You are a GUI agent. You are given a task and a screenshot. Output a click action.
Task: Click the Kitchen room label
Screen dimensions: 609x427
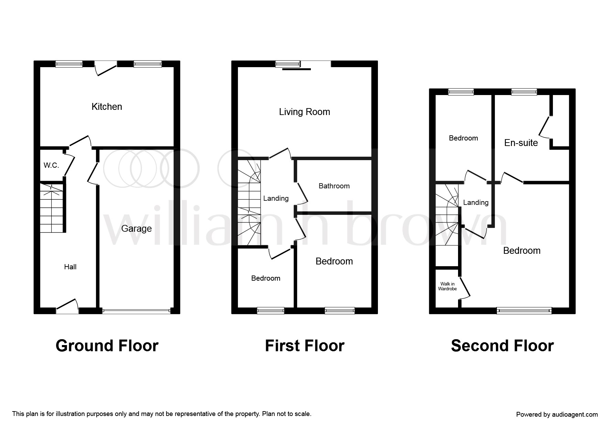click(x=107, y=107)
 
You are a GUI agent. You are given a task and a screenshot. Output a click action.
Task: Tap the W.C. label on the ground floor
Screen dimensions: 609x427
click(x=51, y=165)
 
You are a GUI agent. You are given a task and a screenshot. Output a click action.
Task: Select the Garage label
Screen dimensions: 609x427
click(x=137, y=229)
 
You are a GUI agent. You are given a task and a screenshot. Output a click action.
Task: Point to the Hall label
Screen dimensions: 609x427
click(x=70, y=267)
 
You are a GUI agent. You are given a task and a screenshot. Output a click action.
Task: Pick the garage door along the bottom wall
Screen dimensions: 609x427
click(x=136, y=311)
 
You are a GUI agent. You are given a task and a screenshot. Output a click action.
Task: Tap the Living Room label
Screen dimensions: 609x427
click(x=304, y=112)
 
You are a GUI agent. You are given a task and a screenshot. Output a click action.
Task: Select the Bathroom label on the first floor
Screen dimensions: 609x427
click(x=334, y=186)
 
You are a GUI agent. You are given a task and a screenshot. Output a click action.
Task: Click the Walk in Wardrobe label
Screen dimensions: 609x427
click(x=447, y=287)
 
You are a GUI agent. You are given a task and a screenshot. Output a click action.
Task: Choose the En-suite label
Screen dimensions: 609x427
click(x=521, y=143)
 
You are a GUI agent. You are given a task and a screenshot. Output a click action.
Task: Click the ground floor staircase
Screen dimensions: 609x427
click(x=52, y=208)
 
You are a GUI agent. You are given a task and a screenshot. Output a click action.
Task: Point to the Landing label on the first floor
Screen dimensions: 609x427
click(x=276, y=198)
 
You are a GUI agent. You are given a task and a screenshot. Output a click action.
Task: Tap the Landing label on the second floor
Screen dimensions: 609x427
click(x=476, y=202)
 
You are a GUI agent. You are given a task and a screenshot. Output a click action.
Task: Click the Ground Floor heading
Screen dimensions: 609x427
click(x=107, y=346)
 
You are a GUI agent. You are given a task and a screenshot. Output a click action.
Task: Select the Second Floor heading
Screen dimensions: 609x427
click(x=502, y=346)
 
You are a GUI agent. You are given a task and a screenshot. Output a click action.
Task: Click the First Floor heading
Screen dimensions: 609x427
click(x=305, y=346)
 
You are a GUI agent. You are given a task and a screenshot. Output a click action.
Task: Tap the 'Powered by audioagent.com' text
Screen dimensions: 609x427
click(x=557, y=415)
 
